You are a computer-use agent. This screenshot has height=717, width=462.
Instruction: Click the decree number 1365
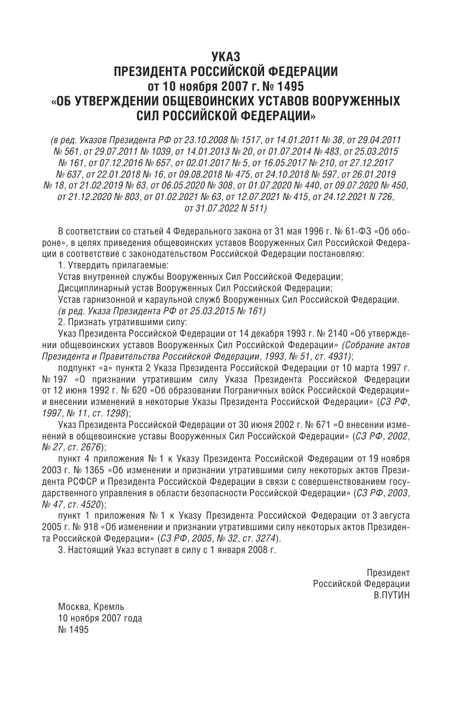80,468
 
